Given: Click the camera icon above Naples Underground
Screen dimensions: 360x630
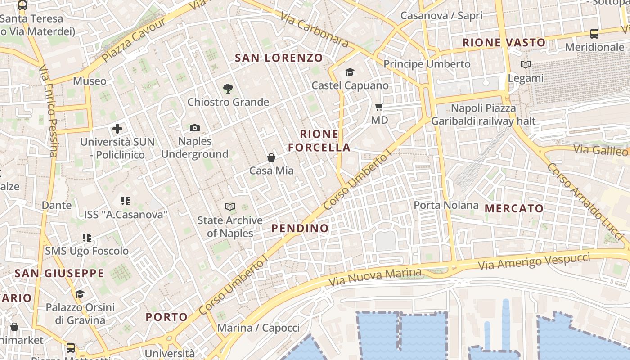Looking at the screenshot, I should coord(194,128).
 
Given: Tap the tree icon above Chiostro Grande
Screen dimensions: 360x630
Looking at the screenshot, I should coord(228,88).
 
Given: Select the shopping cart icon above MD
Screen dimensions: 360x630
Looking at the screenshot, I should coord(379,107).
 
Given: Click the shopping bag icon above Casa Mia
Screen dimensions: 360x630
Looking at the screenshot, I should coord(271,157).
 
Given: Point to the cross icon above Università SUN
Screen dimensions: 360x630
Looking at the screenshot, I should coord(117,129).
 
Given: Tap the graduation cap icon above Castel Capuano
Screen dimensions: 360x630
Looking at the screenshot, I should coord(350,72).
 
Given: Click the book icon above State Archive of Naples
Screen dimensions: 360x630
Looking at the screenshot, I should coord(230,207).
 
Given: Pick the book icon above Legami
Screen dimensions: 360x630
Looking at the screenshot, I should coord(526,65).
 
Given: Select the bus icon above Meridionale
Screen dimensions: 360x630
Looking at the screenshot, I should coord(594,34).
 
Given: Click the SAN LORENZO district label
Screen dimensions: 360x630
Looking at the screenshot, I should coord(279,58).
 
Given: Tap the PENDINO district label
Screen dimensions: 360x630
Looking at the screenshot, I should coord(300,228).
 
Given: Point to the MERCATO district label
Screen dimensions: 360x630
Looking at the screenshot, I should coord(514,208).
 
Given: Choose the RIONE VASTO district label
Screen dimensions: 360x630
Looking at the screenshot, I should coord(504,43).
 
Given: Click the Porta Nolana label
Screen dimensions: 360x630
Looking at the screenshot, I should coord(446,205).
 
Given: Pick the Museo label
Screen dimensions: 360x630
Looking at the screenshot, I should coord(90,81).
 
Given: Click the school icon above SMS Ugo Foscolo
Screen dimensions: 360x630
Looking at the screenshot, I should coord(87,237).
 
